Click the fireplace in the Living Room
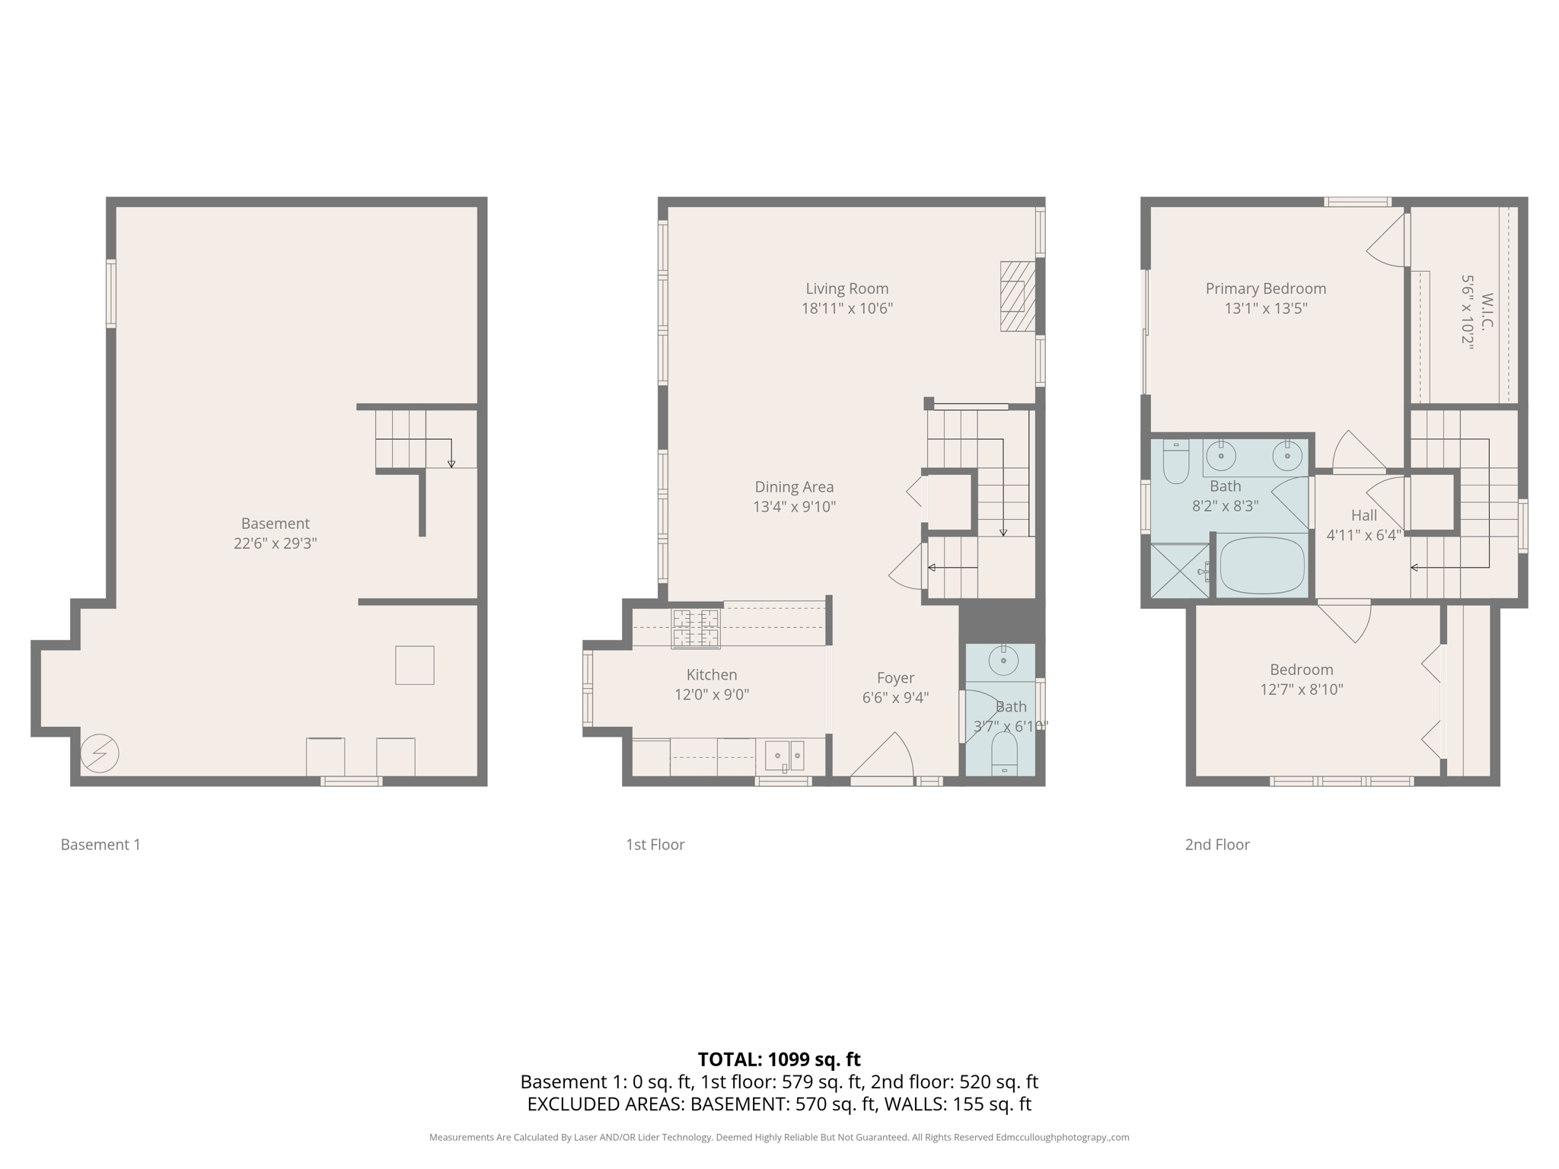[1018, 296]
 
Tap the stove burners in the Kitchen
[695, 628]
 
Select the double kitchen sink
[785, 755]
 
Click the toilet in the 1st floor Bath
[1004, 753]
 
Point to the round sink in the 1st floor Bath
[1003, 661]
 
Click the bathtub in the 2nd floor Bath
[1262, 565]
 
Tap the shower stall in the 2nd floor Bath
[1180, 570]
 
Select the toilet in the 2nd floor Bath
[1176, 462]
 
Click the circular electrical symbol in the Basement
[100, 753]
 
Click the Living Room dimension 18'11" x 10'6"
[846, 308]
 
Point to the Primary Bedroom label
[1265, 288]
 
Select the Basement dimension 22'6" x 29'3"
[275, 543]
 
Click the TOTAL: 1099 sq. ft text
[779, 1059]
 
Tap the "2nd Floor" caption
[1216, 844]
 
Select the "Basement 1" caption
[100, 844]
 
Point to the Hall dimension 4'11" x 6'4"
[1363, 535]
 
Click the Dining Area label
[794, 486]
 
